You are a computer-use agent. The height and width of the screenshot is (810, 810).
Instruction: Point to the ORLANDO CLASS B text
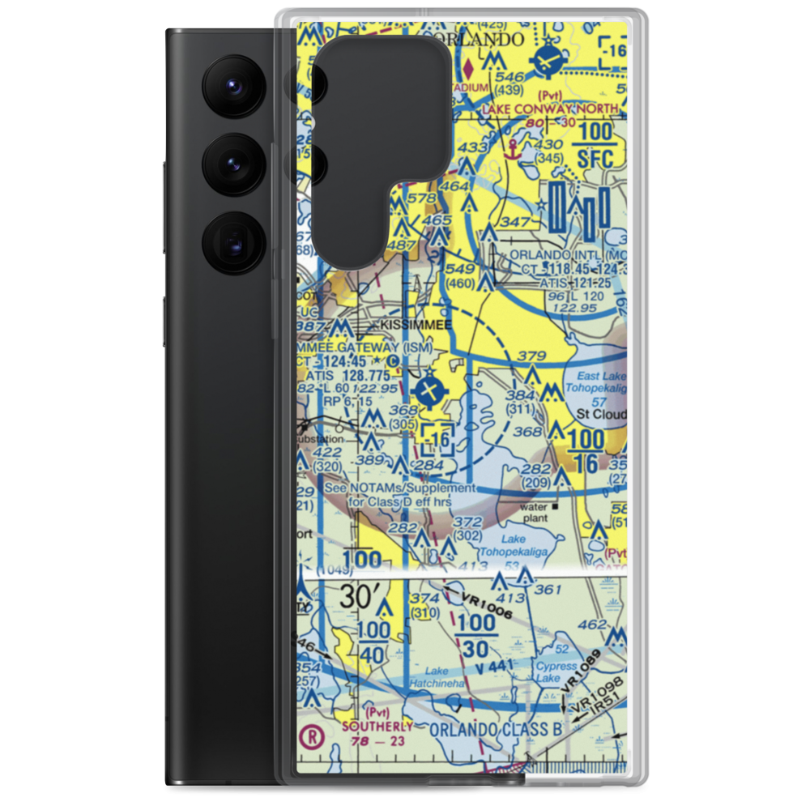496,730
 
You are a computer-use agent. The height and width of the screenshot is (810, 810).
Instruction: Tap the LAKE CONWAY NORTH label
551,108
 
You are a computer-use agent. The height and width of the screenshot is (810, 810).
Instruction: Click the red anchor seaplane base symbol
511,148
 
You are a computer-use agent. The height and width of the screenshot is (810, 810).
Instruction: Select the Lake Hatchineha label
437,677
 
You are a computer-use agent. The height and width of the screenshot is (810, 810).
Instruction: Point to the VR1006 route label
486,605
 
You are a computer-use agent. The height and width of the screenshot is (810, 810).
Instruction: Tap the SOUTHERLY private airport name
377,726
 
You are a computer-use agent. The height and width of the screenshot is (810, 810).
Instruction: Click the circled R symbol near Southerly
309,737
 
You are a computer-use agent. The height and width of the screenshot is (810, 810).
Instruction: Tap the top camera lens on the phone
231,84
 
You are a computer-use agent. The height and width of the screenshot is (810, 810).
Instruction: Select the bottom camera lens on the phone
231,241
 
